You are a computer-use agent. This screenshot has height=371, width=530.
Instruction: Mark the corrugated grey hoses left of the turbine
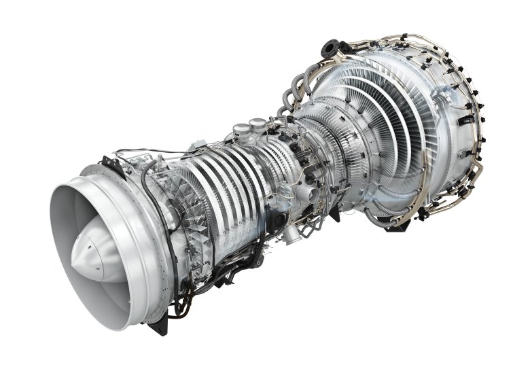point(289,102)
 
